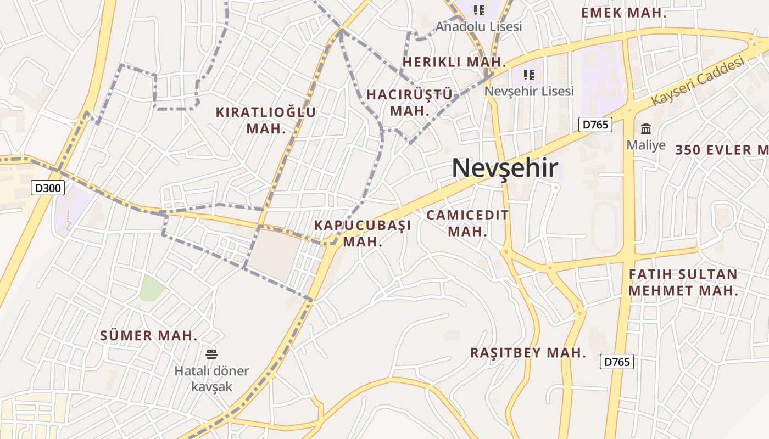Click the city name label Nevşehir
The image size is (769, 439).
pos(505,168)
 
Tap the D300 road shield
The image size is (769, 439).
pos(48,188)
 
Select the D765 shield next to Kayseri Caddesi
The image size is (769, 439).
pos(595,125)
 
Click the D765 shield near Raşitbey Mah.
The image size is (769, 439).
pos(617,362)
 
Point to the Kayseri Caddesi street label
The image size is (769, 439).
pos(698,82)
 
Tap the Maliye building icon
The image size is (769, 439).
pos(646,129)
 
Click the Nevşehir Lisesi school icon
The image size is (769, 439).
pos(528,75)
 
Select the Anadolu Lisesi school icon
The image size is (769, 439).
pos(478,10)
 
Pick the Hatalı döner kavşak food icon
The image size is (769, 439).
pos(211,354)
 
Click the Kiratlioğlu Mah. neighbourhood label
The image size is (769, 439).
pos(266,120)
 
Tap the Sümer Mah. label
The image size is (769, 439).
pos(148,335)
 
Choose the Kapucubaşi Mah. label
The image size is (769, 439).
pos(363,233)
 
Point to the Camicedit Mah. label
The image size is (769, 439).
pos(467,223)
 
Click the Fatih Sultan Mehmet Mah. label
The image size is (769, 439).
pos(683,282)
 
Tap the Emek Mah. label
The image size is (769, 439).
pos(623,13)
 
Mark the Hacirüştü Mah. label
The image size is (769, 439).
pos(409,102)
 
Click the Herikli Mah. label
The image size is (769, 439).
pos(454,61)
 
